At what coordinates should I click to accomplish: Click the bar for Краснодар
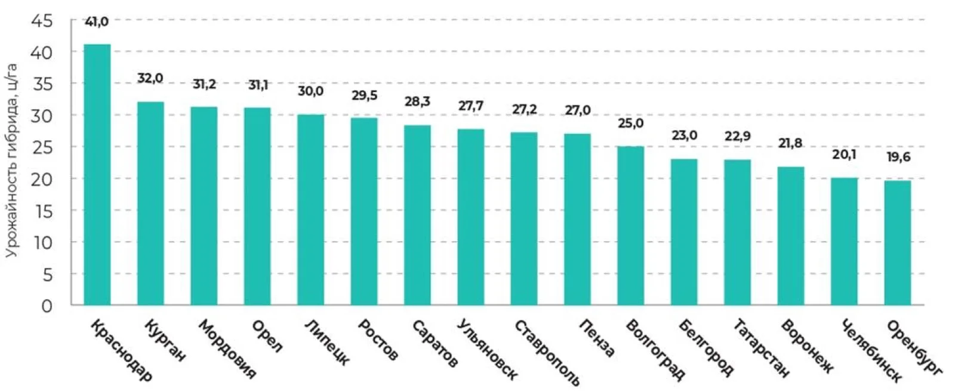point(97,174)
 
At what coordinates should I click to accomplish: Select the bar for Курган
point(150,204)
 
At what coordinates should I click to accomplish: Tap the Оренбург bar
point(898,242)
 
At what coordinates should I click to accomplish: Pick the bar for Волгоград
point(630,226)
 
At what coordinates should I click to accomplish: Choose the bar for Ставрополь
point(524,218)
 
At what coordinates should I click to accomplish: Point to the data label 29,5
point(364,96)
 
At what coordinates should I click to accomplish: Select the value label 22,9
point(738,137)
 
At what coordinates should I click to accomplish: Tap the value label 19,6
point(898,158)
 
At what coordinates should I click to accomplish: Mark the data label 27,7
point(471,106)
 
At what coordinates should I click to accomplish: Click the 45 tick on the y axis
point(42,21)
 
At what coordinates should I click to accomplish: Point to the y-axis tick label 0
point(47,306)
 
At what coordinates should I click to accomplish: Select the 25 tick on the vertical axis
point(42,147)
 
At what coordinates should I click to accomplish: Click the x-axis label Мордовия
point(227,349)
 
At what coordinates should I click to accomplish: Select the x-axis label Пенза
point(597,338)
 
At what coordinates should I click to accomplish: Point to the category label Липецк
point(327,343)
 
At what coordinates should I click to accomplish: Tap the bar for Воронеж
point(791,236)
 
